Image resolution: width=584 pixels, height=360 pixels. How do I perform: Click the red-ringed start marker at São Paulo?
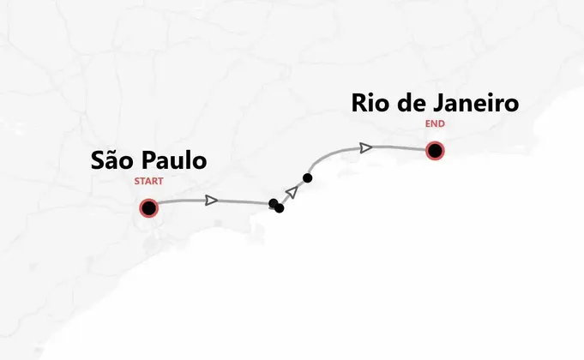[x=148, y=208]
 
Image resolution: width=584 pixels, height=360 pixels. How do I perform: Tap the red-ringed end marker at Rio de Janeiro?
[x=435, y=152]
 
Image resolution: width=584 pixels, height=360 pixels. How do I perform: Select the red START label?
[x=148, y=182]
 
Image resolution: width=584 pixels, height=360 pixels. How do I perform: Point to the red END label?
[x=435, y=123]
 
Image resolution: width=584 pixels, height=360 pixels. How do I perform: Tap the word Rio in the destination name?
[x=370, y=104]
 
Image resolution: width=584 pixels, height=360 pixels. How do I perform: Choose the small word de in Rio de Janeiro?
[x=408, y=104]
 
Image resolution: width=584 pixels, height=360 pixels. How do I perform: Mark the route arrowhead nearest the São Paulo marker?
[x=211, y=201]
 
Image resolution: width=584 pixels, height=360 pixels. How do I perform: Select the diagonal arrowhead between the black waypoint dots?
[x=292, y=191]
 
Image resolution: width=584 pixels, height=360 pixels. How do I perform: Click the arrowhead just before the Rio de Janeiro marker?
[x=366, y=148]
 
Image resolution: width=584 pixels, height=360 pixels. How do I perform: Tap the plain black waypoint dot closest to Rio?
[x=307, y=177]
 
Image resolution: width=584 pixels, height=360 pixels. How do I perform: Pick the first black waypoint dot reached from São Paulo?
[x=274, y=203]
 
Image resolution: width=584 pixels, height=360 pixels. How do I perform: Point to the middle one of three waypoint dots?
[x=280, y=207]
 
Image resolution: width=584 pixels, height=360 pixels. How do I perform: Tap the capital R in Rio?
[x=360, y=104]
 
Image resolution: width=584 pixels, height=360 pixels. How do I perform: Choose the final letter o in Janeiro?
[x=512, y=105]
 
